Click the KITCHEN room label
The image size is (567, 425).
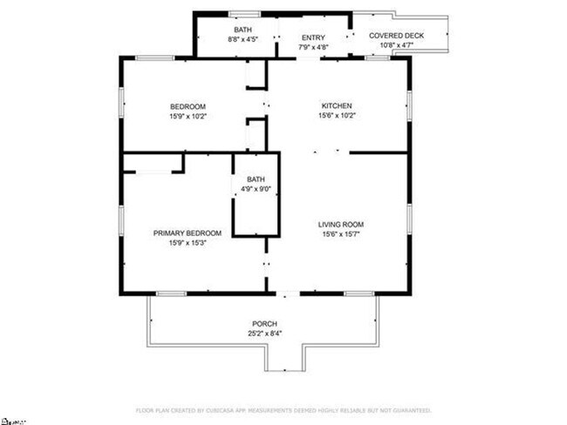pos(336,105)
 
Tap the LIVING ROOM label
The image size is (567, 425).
pos(339,224)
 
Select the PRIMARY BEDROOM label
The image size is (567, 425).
pos(188,233)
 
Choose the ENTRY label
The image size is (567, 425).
pos(313,37)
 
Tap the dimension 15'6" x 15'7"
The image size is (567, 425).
pos(339,233)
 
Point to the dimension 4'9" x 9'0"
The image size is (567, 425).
pos(256,189)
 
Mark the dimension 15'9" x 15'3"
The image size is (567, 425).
pos(188,243)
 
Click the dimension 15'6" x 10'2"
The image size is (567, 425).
pos(336,115)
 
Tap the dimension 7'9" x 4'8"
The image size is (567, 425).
pos(313,47)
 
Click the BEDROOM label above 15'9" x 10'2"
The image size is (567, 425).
pos(188,106)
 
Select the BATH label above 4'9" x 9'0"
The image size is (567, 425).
pos(256,179)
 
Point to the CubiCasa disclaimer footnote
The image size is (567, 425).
pos(283,409)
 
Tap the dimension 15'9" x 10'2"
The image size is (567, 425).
pos(188,116)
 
